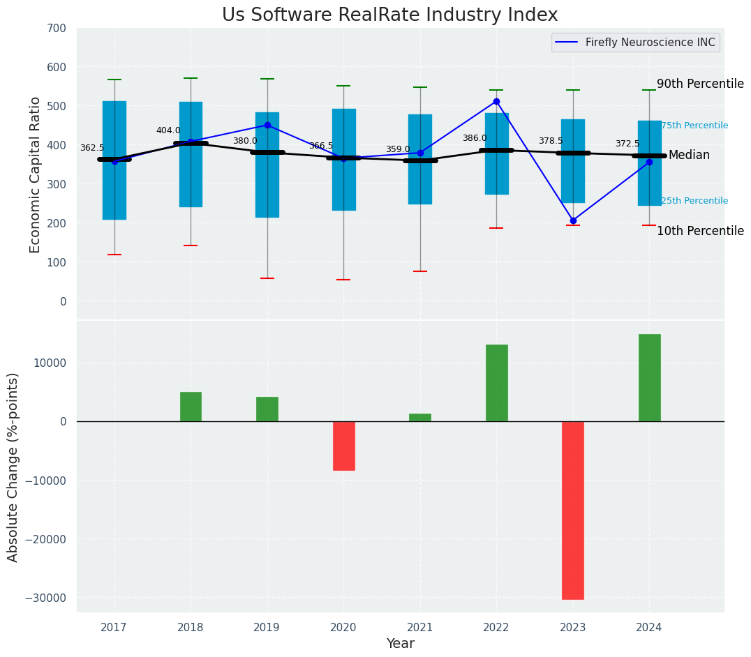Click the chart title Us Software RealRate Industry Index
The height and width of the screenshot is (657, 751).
click(389, 15)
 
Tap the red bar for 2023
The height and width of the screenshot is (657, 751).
click(573, 510)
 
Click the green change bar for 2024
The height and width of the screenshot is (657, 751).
click(649, 377)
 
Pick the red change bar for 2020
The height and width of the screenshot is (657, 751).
click(343, 446)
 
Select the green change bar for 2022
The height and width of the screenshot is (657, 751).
click(496, 383)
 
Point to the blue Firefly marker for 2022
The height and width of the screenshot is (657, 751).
click(496, 101)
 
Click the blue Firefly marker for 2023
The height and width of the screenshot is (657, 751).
click(573, 220)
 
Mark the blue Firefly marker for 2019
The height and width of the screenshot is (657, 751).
click(267, 125)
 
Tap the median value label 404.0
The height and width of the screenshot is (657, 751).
click(168, 130)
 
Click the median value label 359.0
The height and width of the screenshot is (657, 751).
click(398, 149)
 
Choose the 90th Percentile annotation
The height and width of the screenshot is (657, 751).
click(700, 84)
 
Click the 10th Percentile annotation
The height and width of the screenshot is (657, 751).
click(700, 231)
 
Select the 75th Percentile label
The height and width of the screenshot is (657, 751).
click(694, 126)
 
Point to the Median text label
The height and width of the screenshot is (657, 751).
click(689, 155)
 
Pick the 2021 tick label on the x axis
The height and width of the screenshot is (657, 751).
click(419, 627)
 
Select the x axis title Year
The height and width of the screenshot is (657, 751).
click(401, 644)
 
